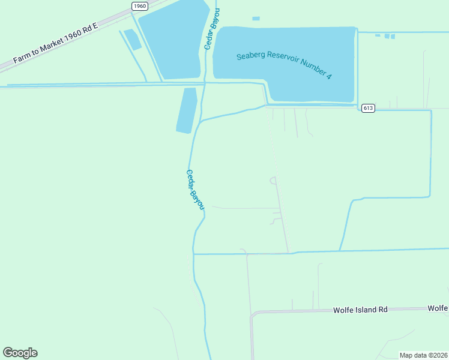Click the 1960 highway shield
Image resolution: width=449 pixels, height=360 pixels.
click(140, 6)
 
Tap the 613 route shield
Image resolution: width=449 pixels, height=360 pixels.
click(368, 108)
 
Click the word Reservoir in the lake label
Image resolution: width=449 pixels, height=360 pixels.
click(289, 62)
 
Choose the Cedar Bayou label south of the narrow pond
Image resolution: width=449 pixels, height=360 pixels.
click(195, 190)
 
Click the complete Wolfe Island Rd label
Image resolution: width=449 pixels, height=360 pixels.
click(360, 310)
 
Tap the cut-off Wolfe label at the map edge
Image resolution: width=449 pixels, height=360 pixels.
click(438, 308)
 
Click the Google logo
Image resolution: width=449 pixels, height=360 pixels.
click(20, 353)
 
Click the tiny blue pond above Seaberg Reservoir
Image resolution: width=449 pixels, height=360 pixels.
click(256, 19)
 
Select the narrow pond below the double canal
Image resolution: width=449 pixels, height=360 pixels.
click(187, 110)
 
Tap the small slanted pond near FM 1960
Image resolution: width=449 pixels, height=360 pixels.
click(133, 39)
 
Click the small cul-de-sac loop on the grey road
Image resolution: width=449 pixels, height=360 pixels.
click(274, 179)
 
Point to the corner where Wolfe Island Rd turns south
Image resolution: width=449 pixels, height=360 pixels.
click(253, 314)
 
